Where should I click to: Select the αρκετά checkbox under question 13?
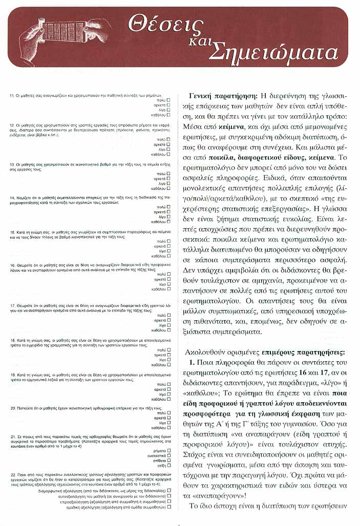(168, 179)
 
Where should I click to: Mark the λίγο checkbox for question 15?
(168, 250)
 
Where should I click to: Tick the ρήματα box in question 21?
(168, 450)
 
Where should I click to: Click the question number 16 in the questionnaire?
(13, 266)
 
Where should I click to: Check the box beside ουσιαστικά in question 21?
(168, 455)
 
